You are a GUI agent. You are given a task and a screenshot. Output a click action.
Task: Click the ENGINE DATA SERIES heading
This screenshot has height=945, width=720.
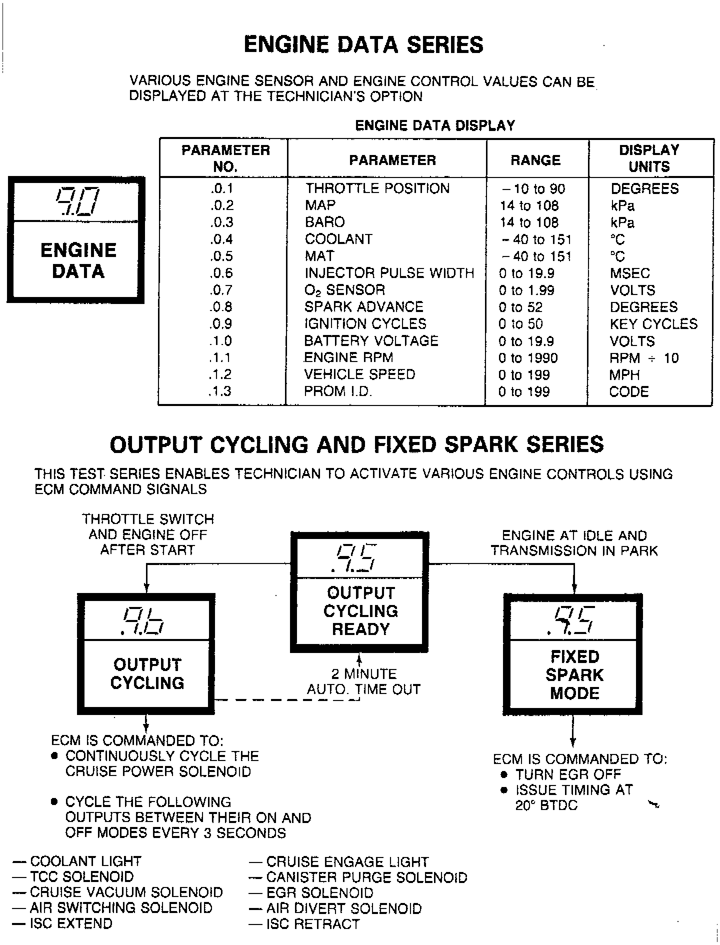[363, 44]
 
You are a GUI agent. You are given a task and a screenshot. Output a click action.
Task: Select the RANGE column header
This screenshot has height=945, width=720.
[535, 160]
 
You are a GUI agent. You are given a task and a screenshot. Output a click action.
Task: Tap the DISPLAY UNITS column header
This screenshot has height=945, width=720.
[649, 158]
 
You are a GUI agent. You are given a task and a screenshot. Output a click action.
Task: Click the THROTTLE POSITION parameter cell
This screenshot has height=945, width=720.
[377, 188]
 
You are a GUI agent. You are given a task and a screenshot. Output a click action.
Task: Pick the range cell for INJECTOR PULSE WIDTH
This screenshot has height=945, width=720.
[526, 273]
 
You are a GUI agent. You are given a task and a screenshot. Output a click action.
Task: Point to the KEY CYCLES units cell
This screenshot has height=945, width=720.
[653, 324]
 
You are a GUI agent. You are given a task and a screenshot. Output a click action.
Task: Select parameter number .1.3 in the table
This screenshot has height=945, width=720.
[220, 391]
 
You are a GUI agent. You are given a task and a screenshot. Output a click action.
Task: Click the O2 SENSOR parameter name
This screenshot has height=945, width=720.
[344, 290]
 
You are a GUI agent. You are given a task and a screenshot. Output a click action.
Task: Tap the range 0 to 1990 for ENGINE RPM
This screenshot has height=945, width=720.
[528, 358]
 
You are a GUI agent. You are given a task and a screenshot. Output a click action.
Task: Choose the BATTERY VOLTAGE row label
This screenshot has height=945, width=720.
[371, 341]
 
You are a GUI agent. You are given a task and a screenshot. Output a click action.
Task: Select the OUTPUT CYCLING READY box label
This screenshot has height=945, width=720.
[360, 611]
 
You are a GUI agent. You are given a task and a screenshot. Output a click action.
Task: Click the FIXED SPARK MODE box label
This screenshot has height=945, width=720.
[574, 675]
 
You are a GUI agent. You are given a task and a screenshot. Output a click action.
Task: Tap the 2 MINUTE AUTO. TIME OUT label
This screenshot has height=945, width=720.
[363, 681]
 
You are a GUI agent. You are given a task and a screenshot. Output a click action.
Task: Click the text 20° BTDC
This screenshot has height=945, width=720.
[546, 805]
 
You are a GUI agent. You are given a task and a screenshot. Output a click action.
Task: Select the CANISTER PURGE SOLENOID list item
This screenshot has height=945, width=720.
[366, 877]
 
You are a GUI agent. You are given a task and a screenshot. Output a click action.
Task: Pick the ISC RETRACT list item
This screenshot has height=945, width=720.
[312, 924]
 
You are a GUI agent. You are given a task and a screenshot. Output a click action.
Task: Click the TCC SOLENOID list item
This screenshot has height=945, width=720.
[81, 876]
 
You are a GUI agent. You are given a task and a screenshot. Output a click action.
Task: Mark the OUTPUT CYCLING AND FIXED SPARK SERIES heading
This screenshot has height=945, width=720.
[356, 444]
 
